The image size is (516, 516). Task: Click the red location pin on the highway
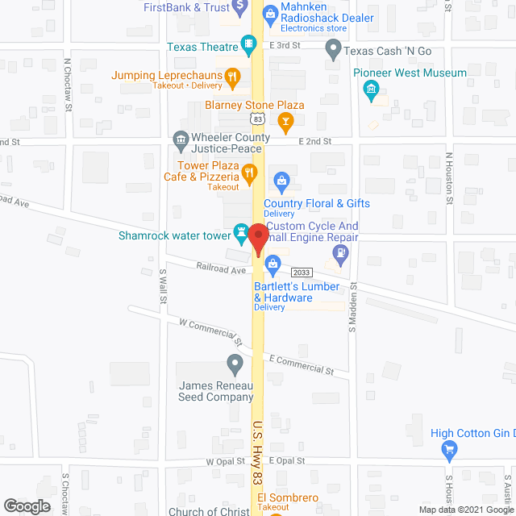click(x=258, y=239)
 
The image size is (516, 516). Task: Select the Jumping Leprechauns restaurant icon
click(x=232, y=77)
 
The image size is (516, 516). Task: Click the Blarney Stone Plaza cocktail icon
click(x=284, y=121)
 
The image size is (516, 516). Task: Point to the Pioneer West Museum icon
click(x=372, y=91)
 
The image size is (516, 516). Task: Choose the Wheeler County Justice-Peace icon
click(x=181, y=142)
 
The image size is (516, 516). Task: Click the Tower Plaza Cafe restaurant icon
click(x=250, y=171)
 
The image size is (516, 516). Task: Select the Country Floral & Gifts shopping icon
click(x=281, y=181)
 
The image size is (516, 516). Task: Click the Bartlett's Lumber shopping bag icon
click(x=273, y=263)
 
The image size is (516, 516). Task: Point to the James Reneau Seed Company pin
click(x=235, y=365)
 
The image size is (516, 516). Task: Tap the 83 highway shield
click(x=256, y=118)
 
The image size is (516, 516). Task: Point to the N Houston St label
click(x=449, y=173)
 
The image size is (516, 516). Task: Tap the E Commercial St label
click(x=301, y=364)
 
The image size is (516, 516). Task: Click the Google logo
click(x=27, y=506)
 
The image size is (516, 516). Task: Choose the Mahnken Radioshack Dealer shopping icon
click(x=270, y=10)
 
